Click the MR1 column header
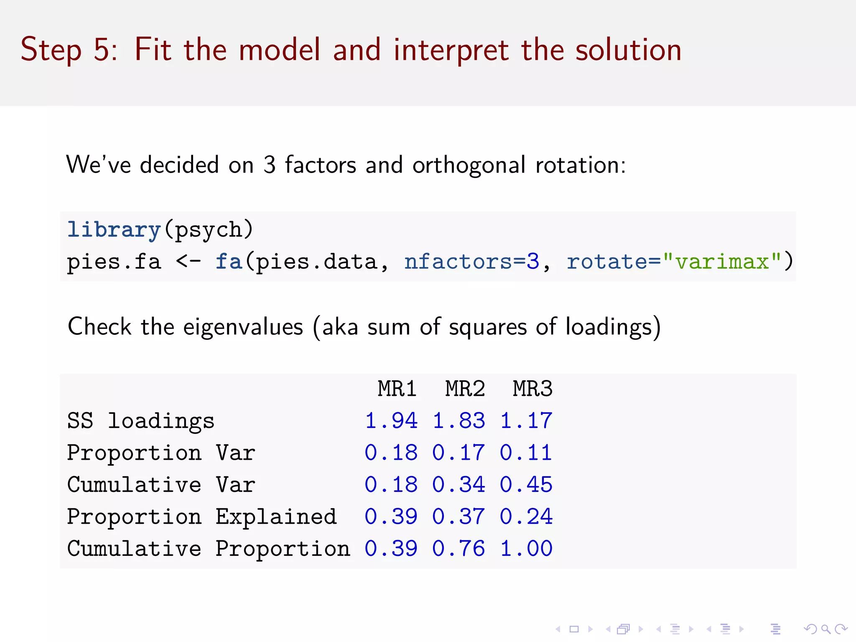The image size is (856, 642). [397, 389]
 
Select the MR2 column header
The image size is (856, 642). [465, 389]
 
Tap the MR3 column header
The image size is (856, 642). [532, 389]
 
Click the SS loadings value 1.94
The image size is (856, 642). [391, 420]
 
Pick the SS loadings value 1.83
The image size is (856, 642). [459, 420]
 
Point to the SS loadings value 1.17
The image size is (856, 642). [526, 420]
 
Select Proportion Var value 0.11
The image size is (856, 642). [526, 453]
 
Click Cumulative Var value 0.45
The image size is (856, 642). [526, 485]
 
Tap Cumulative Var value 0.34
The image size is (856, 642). [459, 485]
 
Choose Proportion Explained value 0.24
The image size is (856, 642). [526, 517]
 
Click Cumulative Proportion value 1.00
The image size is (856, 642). [526, 548]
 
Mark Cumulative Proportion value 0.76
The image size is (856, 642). [459, 548]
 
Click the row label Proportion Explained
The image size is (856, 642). [202, 517]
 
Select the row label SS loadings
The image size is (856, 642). [141, 420]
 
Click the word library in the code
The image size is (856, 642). [114, 230]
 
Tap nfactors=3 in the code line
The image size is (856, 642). [471, 262]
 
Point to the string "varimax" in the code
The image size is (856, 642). [722, 262]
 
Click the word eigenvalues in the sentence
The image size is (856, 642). [243, 327]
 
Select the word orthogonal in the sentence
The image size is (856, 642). [469, 166]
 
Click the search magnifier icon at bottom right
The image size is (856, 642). [825, 629]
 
